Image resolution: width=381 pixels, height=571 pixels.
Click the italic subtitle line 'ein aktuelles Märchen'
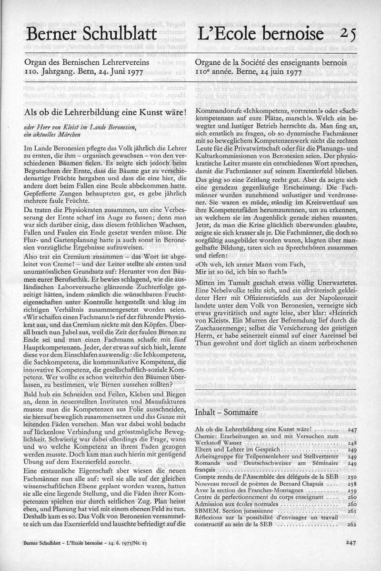[53, 135]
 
